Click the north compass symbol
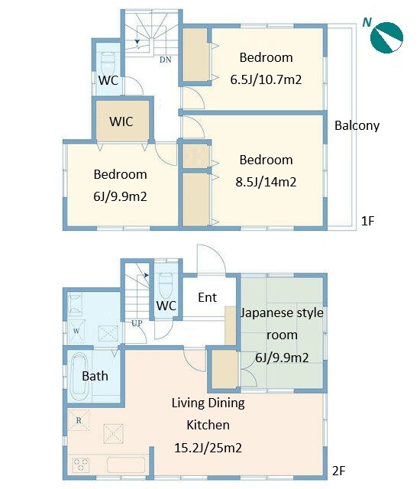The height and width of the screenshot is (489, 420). point(386,37)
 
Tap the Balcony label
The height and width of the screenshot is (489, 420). point(357,125)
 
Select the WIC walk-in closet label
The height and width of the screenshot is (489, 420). point(121,121)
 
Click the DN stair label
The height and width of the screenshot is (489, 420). point(166,60)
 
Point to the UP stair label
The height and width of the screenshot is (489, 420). point(137,323)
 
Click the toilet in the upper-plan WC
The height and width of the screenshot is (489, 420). point(108,63)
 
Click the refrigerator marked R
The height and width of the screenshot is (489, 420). point(79,420)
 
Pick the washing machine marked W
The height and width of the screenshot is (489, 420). point(76,331)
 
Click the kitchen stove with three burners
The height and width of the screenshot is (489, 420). point(81,465)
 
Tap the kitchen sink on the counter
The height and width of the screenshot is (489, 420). point(126,465)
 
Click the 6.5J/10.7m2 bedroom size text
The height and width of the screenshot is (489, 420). point(266,79)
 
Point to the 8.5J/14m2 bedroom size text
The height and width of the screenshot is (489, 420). point(266,182)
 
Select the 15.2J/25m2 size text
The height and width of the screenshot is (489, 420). point(208,448)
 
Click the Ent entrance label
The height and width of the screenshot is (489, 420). point(207,297)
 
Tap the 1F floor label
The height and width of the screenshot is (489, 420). point(367,221)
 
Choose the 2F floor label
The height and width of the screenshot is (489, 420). point(339,471)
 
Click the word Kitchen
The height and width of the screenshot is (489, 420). point(208,425)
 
